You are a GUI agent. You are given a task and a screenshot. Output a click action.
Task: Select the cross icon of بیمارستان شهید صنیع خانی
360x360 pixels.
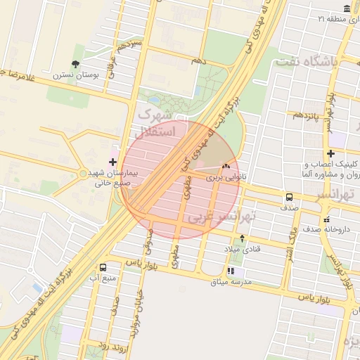[x=112, y=162]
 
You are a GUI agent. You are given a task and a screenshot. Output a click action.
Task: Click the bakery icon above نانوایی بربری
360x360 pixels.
[x=226, y=167]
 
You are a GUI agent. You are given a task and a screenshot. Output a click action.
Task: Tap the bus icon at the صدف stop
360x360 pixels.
[x=289, y=197]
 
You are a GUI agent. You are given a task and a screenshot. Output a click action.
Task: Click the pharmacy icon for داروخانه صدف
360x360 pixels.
[x=326, y=219]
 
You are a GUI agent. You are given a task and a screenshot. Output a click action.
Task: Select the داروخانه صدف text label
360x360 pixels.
[x=326, y=229]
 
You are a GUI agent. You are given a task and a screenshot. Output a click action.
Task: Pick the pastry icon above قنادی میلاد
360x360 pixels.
[x=243, y=238]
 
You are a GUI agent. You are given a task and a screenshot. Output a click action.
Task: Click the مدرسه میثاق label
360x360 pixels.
[x=231, y=283]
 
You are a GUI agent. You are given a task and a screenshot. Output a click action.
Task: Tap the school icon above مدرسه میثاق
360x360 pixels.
[x=231, y=271]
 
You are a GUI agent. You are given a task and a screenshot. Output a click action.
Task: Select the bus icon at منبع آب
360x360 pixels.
[x=104, y=267]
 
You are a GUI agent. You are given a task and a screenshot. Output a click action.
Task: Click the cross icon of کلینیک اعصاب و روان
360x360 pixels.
[x=330, y=153]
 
